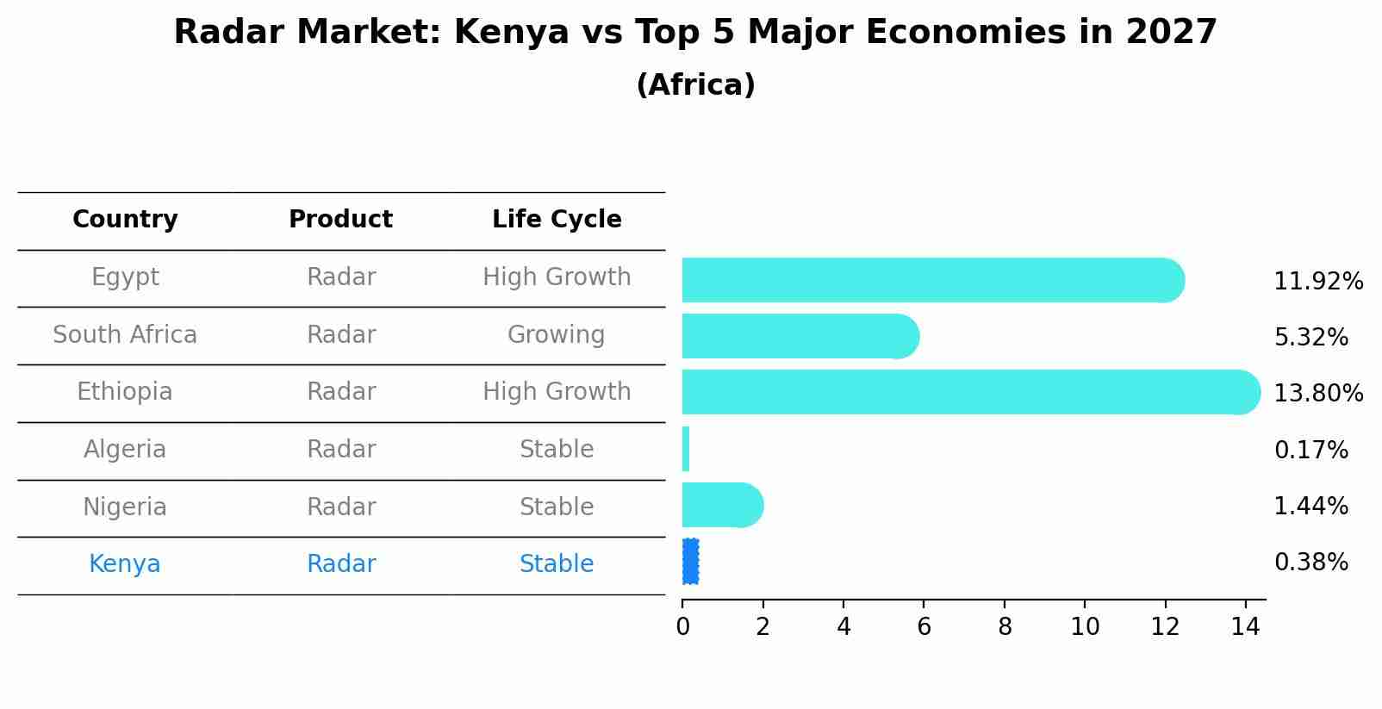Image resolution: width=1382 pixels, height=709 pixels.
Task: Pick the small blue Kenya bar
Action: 690,562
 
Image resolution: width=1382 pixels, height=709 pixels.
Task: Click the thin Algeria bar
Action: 686,449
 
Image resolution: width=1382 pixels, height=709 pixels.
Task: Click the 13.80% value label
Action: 1318,394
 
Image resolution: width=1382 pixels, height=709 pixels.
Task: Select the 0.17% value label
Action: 1310,450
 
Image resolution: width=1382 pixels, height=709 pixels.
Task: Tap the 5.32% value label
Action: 1310,338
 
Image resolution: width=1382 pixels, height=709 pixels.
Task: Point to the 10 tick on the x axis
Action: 1085,627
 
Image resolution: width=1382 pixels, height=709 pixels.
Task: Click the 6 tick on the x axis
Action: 924,627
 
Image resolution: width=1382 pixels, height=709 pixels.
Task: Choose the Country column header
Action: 125,220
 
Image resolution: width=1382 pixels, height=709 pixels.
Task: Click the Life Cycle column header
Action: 557,220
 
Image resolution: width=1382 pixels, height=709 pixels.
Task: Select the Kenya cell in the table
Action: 125,564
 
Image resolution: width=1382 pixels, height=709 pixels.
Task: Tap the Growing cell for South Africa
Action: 557,335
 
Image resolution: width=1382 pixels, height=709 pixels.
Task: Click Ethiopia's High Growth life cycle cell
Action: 557,392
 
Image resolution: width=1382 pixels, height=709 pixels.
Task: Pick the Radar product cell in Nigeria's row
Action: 341,507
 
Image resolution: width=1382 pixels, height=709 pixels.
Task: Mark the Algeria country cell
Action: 125,450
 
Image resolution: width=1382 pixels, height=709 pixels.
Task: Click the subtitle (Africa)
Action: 695,85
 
